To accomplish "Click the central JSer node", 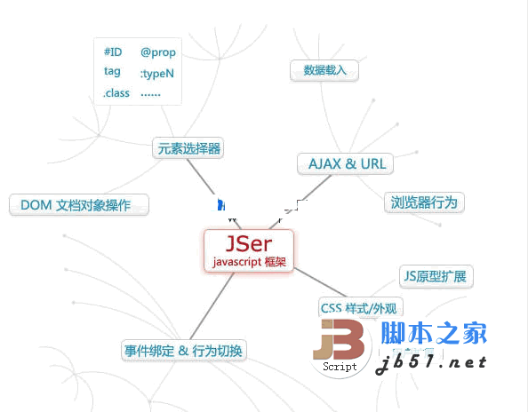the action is coord(249,250).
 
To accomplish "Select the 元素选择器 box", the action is coord(188,148).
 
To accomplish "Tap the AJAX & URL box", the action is coord(346,163).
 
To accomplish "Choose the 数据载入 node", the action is coord(324,70).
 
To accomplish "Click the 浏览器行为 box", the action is coord(424,202).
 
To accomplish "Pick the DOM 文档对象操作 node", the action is coord(79,204).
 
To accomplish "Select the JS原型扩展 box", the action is coord(436,276).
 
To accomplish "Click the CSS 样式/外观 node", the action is coord(360,307).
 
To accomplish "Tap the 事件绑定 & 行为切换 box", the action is coord(183,351).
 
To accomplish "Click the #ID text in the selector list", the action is coord(113,51).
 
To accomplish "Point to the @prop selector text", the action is coord(158,52).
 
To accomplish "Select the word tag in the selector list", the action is coord(112,71).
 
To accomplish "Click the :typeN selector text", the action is coord(157,74).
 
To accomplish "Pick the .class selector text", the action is coord(116,93).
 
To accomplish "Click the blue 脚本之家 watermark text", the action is coord(434,333).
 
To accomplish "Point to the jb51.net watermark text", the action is coord(431,364).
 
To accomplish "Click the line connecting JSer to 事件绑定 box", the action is coord(212,306).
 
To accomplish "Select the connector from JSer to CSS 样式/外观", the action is coord(320,282).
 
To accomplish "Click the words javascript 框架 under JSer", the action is coord(249,262).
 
